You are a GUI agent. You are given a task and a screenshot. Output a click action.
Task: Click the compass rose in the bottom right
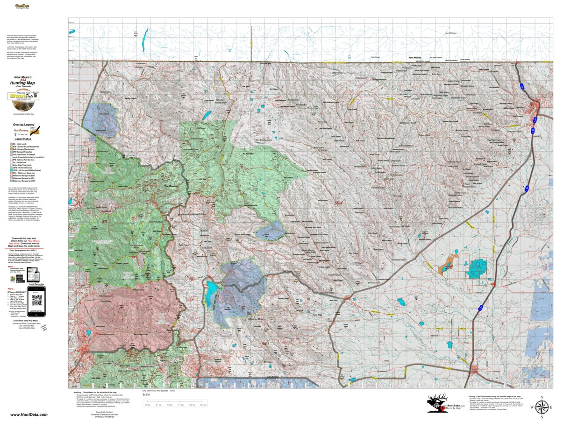point(542,407)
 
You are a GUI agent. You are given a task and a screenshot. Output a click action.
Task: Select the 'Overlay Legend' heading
point(23,125)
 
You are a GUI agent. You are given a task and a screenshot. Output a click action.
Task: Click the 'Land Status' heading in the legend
point(23,139)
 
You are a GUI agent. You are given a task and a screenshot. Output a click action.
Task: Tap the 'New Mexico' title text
point(23,77)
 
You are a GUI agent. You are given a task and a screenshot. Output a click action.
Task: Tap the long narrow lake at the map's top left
point(145,35)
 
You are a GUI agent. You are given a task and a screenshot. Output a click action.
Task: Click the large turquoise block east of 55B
point(477,267)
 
